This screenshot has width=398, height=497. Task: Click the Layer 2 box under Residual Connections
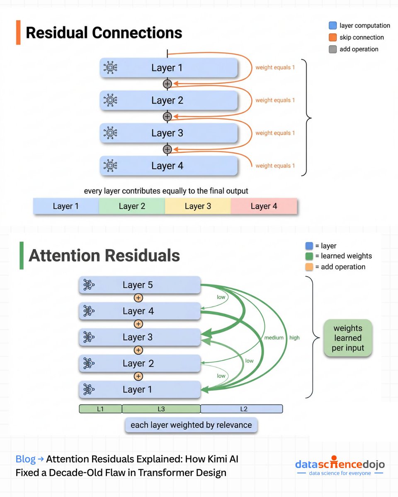168,100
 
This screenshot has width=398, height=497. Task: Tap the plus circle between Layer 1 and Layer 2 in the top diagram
167,84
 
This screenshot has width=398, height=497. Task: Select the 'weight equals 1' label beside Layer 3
275,133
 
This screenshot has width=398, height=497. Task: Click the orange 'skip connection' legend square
332,37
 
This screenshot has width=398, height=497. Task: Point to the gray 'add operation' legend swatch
332,49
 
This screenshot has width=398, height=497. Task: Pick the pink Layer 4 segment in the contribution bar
264,206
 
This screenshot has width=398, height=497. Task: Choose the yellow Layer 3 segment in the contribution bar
198,206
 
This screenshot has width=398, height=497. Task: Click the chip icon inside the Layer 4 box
110,166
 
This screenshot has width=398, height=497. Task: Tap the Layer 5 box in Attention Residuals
140,285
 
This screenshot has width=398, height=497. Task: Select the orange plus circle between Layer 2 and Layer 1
138,376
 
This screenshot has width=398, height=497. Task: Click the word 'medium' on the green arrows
274,338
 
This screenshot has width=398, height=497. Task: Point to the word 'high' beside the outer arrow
294,338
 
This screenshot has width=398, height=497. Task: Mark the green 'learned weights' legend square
309,256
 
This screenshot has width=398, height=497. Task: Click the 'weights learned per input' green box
348,338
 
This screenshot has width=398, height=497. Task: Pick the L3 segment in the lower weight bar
161,409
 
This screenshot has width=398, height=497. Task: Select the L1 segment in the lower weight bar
100,409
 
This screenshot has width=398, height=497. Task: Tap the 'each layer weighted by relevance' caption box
191,425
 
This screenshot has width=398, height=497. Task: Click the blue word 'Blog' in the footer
25,459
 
